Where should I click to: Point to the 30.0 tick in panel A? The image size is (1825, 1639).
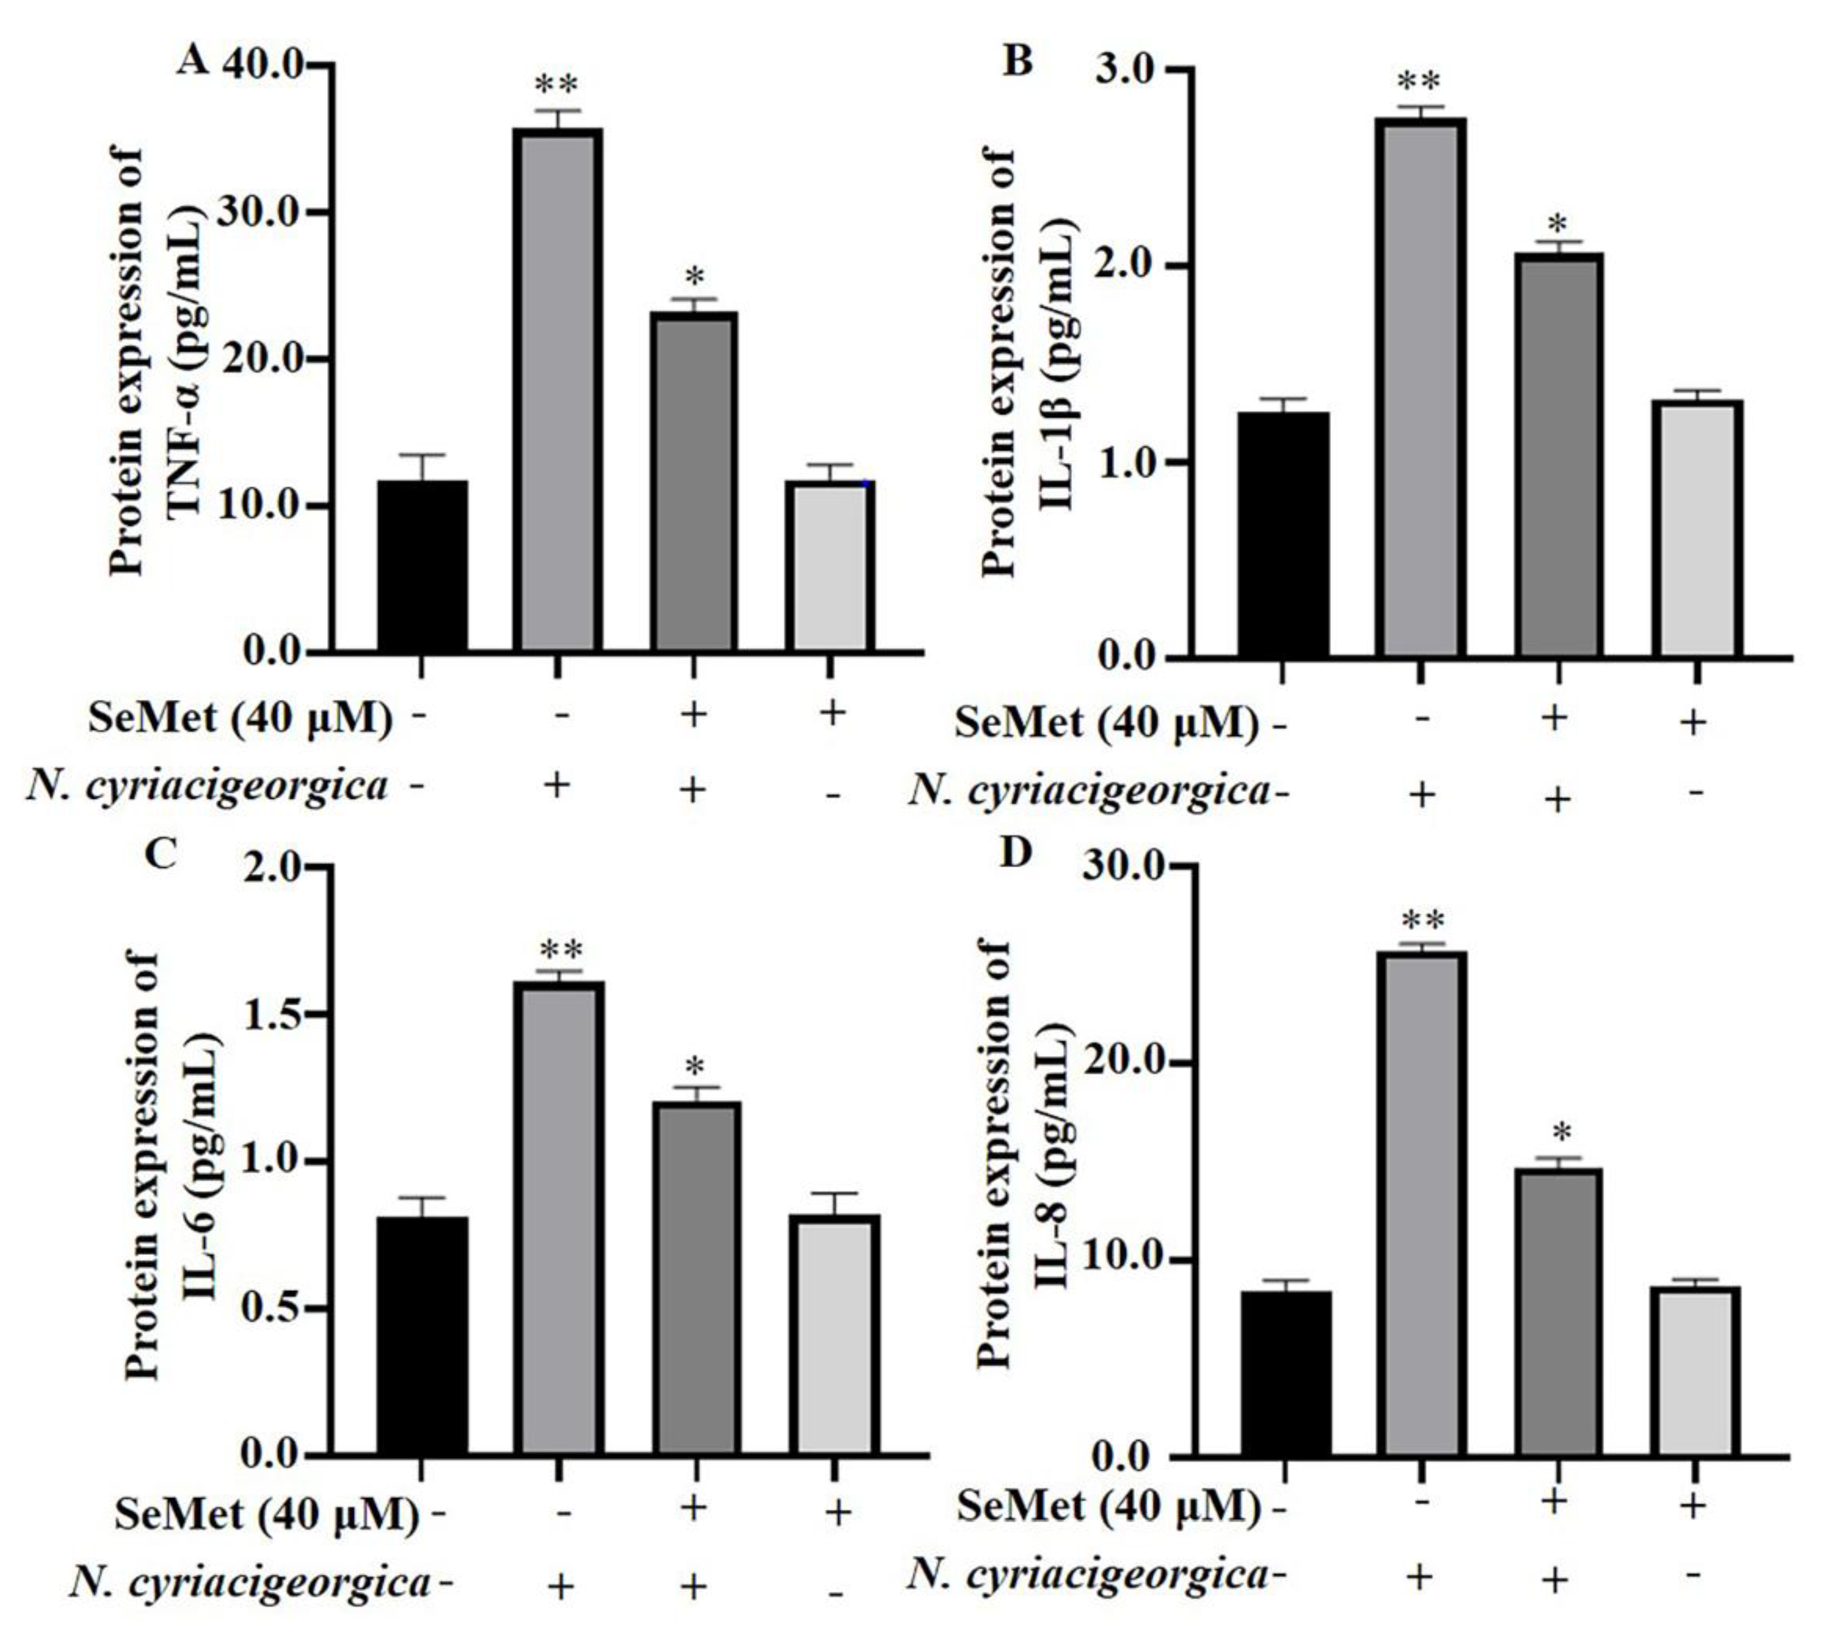pos(263,213)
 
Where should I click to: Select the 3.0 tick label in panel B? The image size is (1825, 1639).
pos(1128,70)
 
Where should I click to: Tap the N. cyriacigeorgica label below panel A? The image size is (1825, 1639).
pos(207,786)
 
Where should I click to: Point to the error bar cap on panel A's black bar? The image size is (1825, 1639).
pos(422,455)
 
